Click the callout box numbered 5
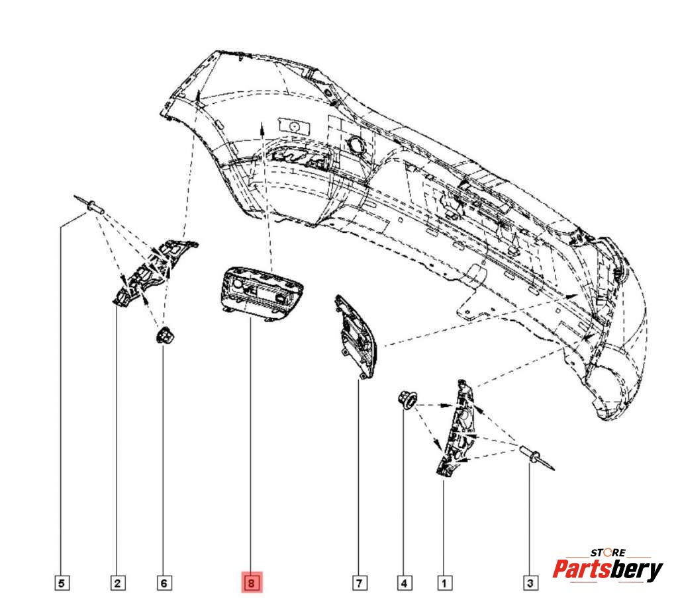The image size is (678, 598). pyautogui.click(x=62, y=583)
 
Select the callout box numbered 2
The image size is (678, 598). pyautogui.click(x=118, y=583)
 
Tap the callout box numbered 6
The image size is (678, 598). pyautogui.click(x=164, y=583)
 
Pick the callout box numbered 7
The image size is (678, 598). pyautogui.click(x=360, y=583)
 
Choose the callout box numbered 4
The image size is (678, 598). pyautogui.click(x=405, y=583)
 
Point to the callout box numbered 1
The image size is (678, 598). pyautogui.click(x=444, y=583)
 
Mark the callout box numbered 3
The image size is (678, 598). pyautogui.click(x=530, y=583)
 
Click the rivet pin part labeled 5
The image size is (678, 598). pyautogui.click(x=90, y=204)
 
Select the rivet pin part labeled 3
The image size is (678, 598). pyautogui.click(x=536, y=458)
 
